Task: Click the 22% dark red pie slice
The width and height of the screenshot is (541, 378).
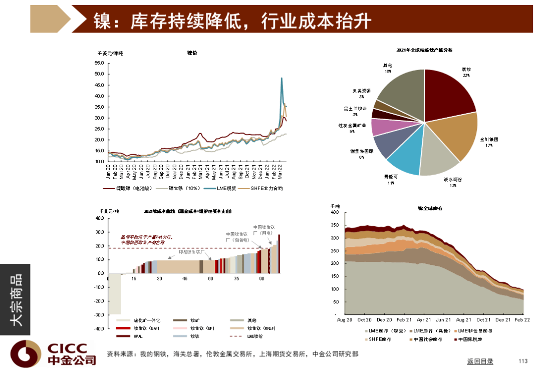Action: click(x=448, y=93)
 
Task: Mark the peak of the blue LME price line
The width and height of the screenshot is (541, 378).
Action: click(x=282, y=78)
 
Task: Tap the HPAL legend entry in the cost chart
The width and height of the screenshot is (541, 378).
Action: click(x=138, y=336)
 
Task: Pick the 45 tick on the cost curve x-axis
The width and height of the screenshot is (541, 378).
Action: click(x=185, y=279)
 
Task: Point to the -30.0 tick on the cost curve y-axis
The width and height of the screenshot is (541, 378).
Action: click(x=98, y=315)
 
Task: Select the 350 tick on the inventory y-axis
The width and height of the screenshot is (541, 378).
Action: click(x=335, y=225)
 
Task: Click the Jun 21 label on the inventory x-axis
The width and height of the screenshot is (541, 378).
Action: click(x=443, y=319)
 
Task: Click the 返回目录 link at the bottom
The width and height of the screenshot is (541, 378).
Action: click(x=480, y=361)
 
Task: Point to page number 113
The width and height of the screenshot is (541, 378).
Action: click(x=523, y=361)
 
